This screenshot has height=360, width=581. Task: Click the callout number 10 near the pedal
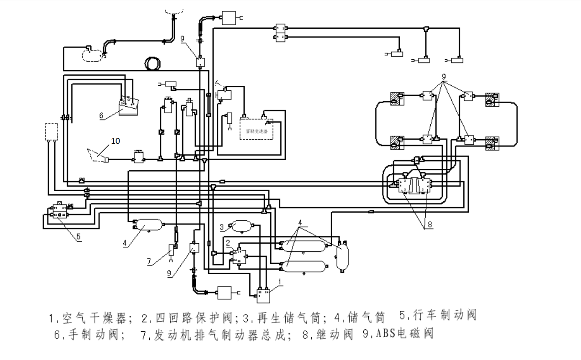115,141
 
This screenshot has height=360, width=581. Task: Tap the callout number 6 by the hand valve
101,116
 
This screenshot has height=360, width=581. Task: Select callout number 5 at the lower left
79,236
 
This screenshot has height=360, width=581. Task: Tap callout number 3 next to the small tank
221,226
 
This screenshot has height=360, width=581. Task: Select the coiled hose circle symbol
151,63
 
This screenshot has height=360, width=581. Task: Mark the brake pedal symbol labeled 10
97,156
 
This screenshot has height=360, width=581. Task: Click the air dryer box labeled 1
264,295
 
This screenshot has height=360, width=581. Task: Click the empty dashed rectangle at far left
52,131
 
